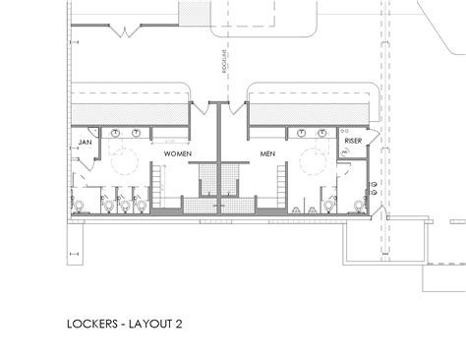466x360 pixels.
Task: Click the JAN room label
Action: point(85,144)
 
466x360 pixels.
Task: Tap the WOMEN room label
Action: point(176,154)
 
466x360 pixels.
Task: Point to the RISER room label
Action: point(354,144)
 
